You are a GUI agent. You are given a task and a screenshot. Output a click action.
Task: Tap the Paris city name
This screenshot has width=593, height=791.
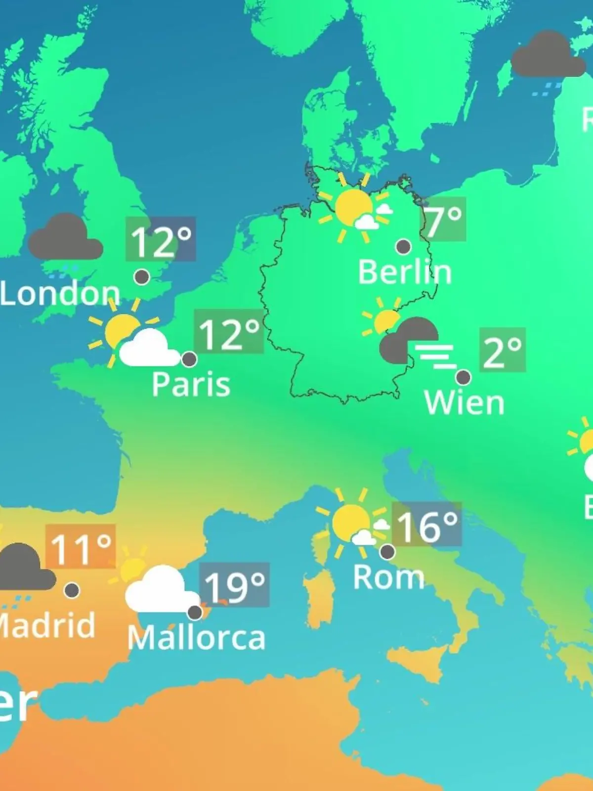tap(191, 384)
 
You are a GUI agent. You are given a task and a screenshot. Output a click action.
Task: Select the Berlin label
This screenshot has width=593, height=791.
tap(405, 272)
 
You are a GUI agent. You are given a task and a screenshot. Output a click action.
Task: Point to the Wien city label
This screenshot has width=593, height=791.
tap(464, 403)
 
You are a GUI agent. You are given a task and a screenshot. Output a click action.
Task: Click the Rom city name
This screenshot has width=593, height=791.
tap(388, 577)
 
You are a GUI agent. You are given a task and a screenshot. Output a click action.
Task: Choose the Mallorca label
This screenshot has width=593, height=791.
tap(196, 638)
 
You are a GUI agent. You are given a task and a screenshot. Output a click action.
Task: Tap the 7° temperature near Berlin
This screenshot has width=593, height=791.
tap(443, 220)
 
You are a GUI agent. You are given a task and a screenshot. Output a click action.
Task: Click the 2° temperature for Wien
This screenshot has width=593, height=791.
tap(502, 350)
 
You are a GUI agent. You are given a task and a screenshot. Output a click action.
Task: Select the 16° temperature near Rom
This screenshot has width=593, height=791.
tap(426, 525)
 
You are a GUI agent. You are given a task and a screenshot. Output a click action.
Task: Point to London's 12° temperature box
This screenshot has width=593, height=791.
tap(161, 239)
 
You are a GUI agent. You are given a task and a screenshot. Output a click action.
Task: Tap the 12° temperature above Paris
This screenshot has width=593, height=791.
tap(229, 332)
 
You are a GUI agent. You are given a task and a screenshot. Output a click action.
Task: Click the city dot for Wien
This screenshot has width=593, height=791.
tap(463, 378)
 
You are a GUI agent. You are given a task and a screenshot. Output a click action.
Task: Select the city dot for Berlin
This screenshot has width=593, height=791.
tap(404, 246)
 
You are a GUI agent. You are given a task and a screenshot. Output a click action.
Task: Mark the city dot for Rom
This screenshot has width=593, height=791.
tap(387, 551)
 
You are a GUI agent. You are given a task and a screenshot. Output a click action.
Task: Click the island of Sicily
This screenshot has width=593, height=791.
tap(415, 660)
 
